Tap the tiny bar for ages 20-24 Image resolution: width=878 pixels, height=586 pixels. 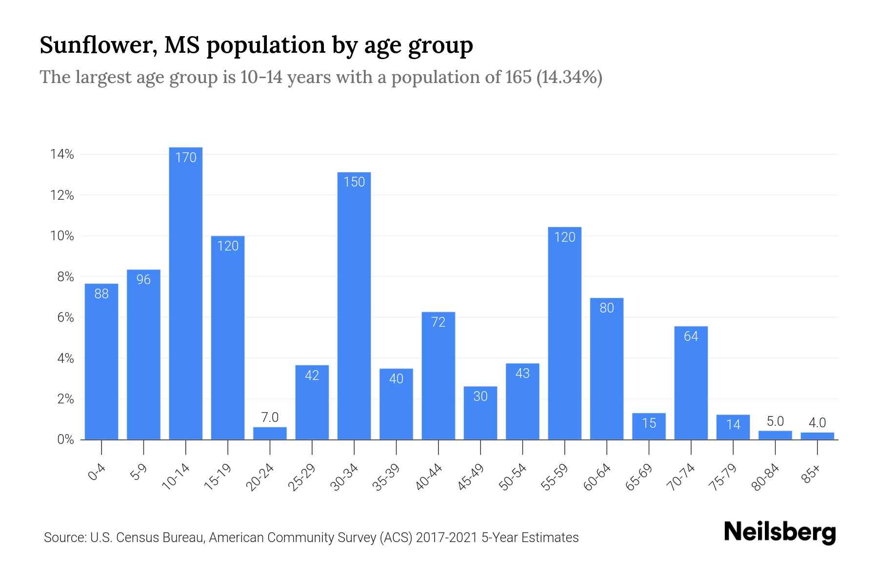pos(270,434)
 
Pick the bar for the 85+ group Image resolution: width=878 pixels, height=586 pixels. pos(817,436)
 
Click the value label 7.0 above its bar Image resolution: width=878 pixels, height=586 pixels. pos(270,418)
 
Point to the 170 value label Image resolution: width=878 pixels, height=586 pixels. pos(185,158)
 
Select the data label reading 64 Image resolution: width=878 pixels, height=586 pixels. pos(691,336)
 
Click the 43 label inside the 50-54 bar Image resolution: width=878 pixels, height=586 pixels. pos(522,374)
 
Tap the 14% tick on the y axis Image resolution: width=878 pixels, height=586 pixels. pos(62,155)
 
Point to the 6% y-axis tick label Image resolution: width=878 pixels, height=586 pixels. pos(65,318)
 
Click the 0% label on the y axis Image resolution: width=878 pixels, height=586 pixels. pos(65,439)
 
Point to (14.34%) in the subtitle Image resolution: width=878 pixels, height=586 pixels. pos(569,77)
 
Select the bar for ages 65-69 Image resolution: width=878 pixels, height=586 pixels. pos(649,426)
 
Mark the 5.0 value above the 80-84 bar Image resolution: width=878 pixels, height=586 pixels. pos(775,421)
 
